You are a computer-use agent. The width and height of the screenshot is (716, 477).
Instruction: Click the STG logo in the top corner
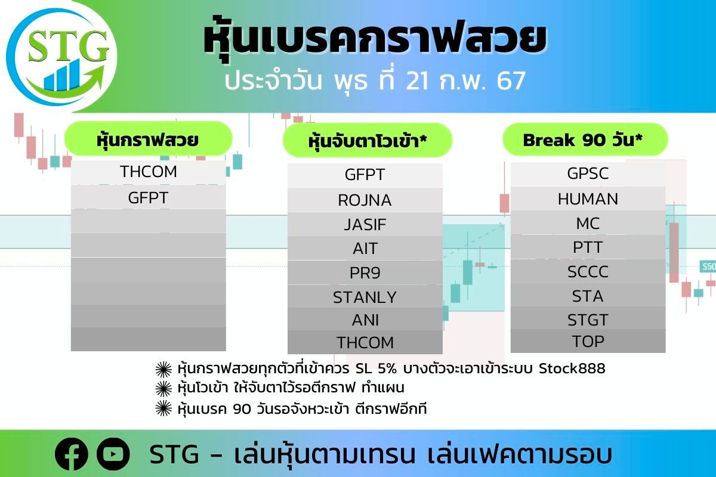coord(61,57)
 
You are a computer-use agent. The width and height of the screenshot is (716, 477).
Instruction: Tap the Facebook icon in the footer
coord(71,454)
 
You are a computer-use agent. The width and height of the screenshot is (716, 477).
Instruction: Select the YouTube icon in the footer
coord(113,454)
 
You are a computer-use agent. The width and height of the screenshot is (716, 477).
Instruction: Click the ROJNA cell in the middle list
coord(365,200)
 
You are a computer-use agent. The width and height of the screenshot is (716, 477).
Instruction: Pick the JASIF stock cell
coord(365,224)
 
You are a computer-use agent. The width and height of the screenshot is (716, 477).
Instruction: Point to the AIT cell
coord(365,249)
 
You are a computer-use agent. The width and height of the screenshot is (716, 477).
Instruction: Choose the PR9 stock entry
coord(365,273)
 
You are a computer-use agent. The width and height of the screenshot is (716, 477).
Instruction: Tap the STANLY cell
coord(365,297)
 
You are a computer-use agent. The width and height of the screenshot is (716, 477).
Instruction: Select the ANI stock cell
coord(365,320)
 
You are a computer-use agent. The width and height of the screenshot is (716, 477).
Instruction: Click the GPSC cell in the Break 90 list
coord(588,174)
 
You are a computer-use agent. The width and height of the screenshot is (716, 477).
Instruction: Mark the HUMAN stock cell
coord(588,199)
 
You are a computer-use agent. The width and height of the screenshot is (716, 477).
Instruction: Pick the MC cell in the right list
coord(588,223)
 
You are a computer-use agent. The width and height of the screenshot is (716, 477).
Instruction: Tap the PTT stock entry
coord(588,247)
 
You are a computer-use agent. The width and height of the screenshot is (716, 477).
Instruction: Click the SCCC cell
coord(588,271)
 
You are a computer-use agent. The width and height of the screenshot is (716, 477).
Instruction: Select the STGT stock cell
coord(588,319)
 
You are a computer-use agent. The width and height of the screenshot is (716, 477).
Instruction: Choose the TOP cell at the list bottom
coord(588,341)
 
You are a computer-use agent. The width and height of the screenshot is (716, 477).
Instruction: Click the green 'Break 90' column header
coord(585,140)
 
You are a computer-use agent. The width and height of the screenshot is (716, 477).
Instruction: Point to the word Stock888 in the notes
coord(572,368)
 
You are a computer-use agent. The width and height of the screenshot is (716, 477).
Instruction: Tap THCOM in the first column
coord(149,172)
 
